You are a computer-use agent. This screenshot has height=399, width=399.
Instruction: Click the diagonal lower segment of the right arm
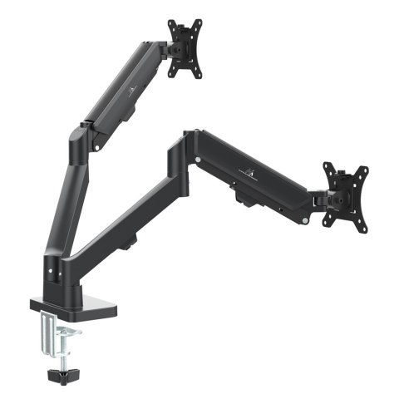(125, 216)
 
